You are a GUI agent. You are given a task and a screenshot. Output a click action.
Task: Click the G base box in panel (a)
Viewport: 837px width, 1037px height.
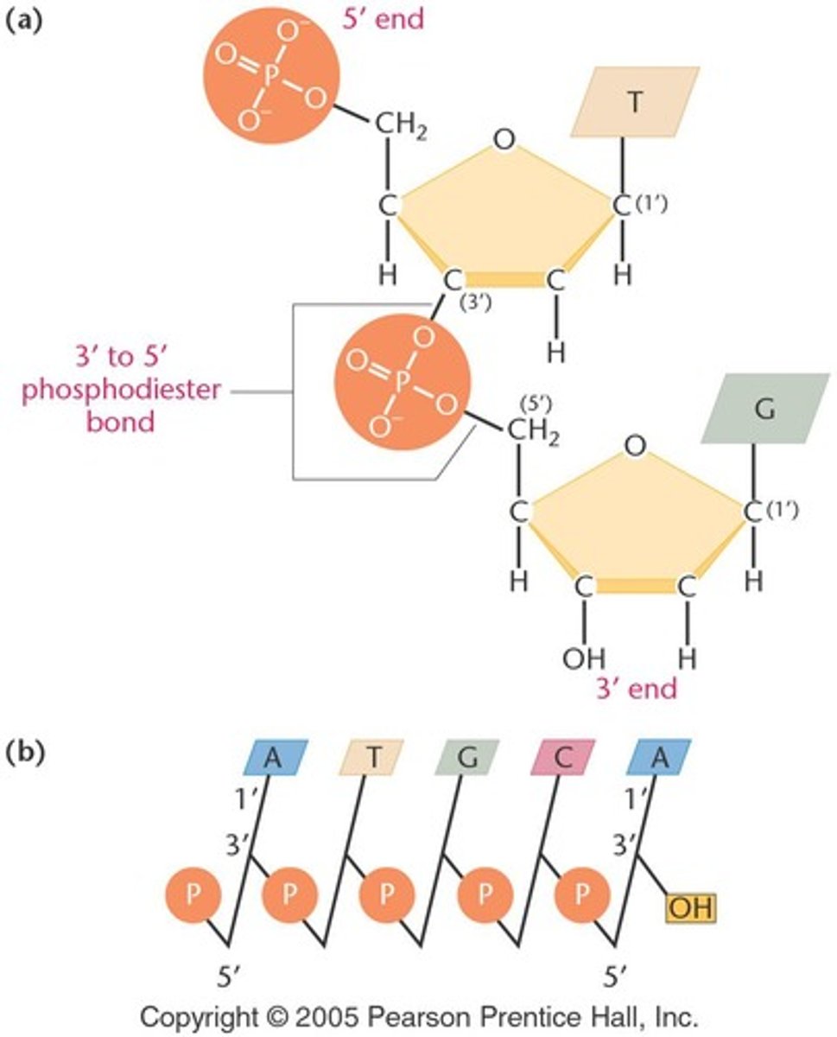pos(765,408)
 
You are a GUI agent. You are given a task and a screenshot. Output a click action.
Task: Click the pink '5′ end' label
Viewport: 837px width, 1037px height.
pos(384,18)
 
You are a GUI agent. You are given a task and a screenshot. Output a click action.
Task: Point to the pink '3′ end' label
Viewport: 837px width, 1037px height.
pos(636,689)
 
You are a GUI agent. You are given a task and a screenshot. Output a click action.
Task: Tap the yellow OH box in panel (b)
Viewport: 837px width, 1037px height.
pos(690,908)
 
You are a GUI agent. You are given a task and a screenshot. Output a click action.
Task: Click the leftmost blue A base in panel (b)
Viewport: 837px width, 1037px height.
pos(273,756)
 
